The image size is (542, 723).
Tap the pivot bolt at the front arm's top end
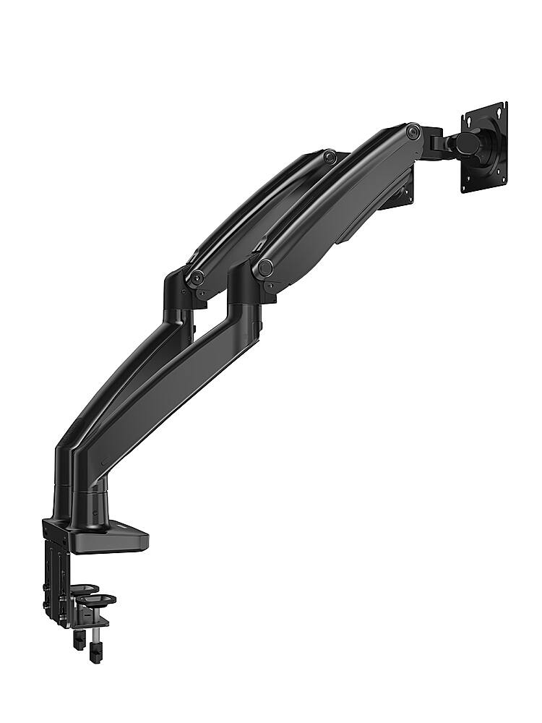tap(413, 131)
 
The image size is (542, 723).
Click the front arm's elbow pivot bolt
tap(265, 268)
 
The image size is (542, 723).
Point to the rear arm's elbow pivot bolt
tap(197, 278)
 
